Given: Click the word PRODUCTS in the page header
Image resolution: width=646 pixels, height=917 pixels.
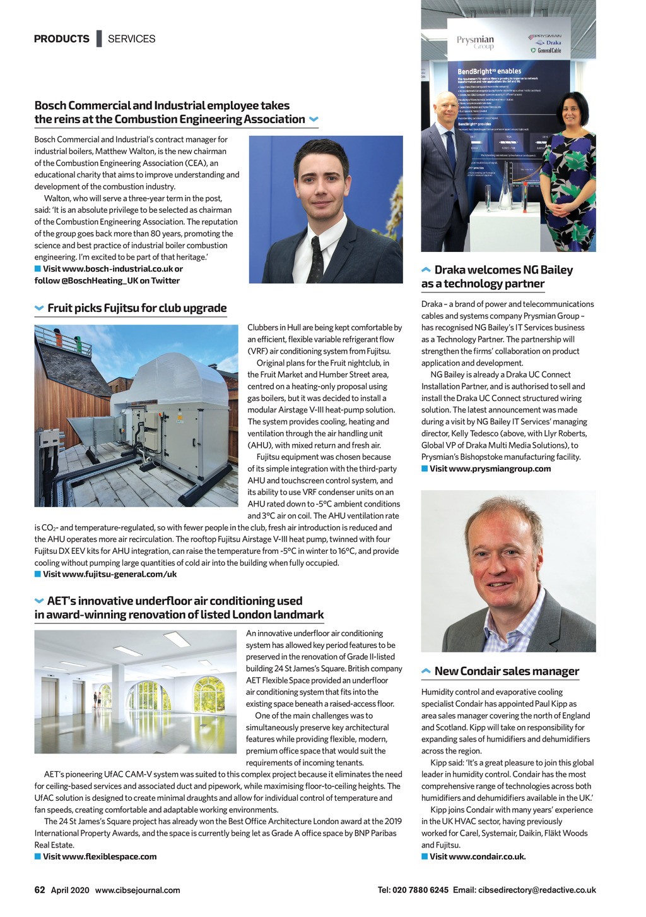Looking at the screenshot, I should coord(62,39).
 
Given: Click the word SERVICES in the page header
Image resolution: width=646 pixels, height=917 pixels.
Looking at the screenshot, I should coord(131,39).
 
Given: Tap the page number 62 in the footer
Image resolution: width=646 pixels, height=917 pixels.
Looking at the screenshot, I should coord(40,890).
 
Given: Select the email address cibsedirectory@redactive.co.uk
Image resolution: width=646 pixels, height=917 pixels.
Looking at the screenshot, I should coord(537,890).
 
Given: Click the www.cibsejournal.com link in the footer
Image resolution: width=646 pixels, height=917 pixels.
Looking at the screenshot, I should coord(138,890).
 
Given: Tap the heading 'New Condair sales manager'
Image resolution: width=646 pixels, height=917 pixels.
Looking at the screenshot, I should coord(507,671).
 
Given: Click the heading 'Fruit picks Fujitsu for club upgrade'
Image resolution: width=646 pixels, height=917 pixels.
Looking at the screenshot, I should coord(137,308).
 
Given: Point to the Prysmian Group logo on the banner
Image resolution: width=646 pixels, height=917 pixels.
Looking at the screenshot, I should coord(476,42).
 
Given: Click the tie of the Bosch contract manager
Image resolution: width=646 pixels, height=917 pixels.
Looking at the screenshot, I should coord(316,260).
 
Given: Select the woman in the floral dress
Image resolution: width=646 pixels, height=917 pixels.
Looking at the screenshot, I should coord(568,171).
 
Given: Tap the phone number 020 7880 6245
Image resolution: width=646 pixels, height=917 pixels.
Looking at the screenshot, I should coord(420,890).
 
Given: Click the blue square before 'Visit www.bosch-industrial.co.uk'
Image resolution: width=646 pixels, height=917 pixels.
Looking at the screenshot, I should coord(38,269).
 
